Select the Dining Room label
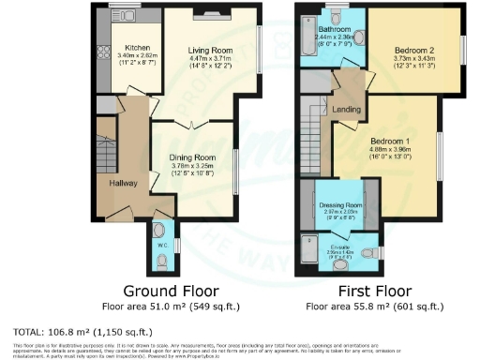[x=192, y=157]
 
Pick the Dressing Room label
[x=341, y=204]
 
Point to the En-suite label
[x=339, y=246]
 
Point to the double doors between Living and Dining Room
[x=192, y=124]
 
